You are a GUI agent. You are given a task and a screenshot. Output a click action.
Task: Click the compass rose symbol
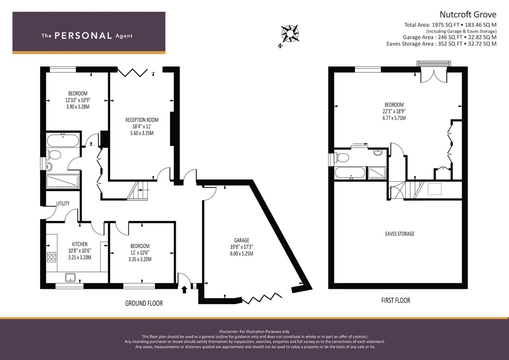290,34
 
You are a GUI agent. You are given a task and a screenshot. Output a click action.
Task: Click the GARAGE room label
241,240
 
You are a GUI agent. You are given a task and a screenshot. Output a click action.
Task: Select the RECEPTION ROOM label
142,120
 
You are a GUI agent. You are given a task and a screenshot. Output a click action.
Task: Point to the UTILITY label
63,204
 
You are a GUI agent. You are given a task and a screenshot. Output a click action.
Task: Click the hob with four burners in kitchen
52,257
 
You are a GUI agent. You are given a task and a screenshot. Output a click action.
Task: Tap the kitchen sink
70,277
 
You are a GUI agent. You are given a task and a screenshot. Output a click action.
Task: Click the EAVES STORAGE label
400,234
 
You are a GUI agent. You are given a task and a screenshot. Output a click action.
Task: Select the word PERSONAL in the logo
83,36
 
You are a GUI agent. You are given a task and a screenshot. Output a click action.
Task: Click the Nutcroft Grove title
468,14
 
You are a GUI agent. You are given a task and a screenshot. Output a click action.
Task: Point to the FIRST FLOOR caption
396,300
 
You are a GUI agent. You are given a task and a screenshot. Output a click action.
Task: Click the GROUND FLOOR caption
144,303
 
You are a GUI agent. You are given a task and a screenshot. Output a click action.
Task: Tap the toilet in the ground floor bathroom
54,155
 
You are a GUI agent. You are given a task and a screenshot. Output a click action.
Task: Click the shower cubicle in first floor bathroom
377,173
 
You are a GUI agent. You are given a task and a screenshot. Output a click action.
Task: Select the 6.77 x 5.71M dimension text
394,118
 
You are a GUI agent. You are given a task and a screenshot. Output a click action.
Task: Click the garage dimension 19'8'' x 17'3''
241,247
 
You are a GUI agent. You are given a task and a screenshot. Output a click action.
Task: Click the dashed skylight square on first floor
435,189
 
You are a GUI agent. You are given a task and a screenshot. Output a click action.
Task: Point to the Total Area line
450,25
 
